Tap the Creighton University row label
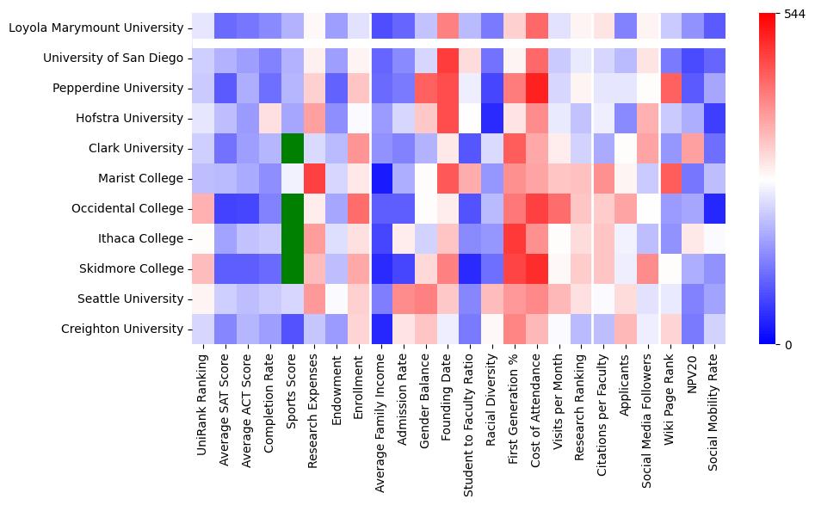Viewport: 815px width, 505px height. coord(122,329)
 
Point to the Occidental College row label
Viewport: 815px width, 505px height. coord(125,209)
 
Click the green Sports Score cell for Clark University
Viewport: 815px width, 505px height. coord(293,149)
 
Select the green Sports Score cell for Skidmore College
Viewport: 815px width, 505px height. coord(293,269)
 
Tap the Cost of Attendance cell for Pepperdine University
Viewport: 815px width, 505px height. coord(538,89)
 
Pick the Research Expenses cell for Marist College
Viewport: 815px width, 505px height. coord(315,179)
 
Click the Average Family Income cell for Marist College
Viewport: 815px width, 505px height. coord(382,179)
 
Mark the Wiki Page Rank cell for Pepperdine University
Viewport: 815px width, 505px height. coord(672,89)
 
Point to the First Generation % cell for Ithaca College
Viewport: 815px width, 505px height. coord(516,239)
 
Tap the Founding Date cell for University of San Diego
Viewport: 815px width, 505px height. coord(448,59)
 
